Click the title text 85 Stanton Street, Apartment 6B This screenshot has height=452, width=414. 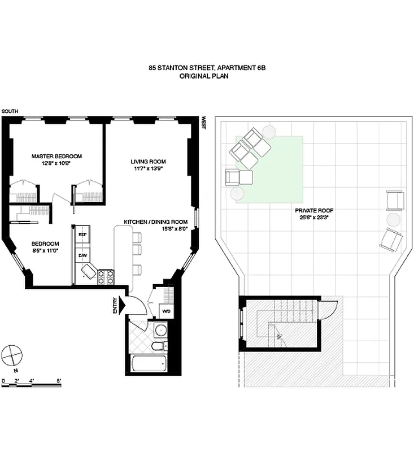tap(207, 67)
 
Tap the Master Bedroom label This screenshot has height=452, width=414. tap(56, 157)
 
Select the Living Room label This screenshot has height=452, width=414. tap(145, 161)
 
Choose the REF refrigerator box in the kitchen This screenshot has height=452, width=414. tap(82, 234)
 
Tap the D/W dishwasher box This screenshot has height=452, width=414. tap(82, 255)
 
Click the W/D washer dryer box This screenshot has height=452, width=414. tap(167, 311)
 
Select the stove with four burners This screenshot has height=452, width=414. tap(104, 277)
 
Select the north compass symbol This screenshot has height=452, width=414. tap(12, 357)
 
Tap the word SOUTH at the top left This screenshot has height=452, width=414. tap(10, 112)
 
